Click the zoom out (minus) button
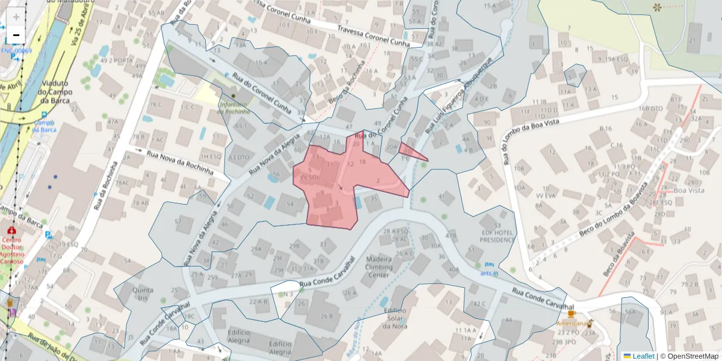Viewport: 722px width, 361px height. (16, 35)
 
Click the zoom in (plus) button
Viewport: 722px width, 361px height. (16, 17)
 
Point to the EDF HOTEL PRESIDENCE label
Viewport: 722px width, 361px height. (498, 236)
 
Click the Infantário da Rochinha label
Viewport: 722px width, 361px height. (234, 107)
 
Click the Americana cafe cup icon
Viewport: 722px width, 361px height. (571, 313)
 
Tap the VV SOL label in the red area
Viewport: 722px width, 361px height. (310, 178)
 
